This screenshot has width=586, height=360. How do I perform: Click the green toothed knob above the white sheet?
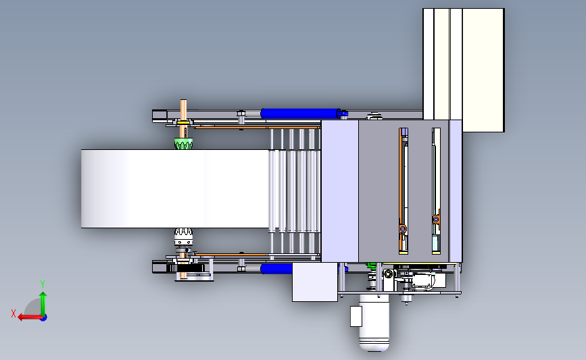(183, 143)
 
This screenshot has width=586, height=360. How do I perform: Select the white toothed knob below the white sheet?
(183, 233)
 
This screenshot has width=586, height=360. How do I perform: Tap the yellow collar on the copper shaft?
(182, 122)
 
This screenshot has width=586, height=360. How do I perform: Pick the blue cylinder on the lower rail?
(276, 269)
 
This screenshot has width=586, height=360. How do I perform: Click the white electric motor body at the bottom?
(374, 323)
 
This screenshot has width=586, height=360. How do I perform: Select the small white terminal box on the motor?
(356, 316)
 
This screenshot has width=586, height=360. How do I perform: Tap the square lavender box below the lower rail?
(315, 282)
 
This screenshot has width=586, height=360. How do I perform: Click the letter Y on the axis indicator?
(43, 284)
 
